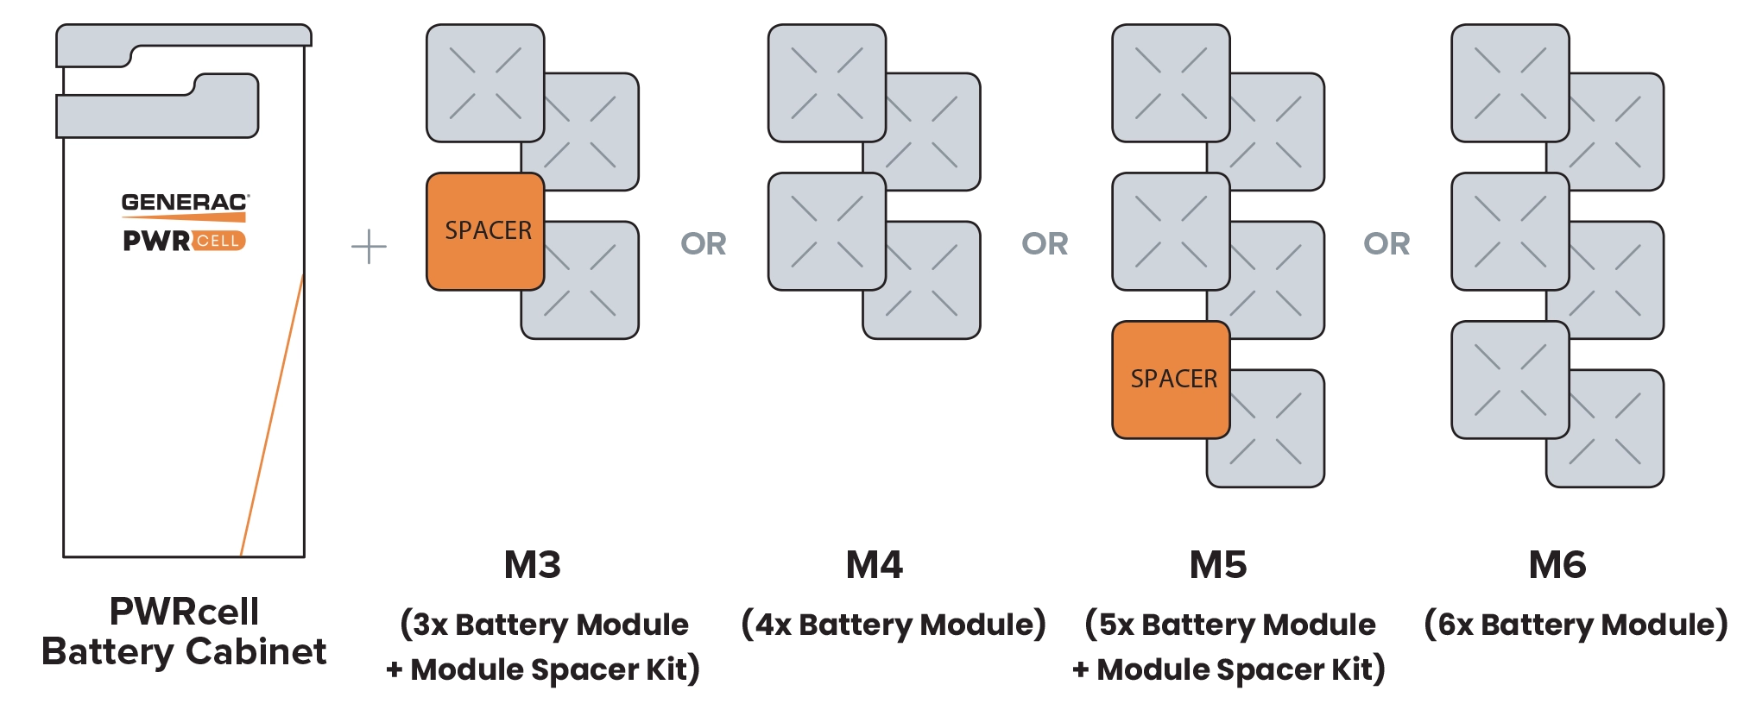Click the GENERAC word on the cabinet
pos(184,203)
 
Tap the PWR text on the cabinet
pos(156,241)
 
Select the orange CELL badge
pos(218,241)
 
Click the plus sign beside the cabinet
pos(366,248)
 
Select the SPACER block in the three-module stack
pos(485,231)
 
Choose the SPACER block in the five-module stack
pos(1171,380)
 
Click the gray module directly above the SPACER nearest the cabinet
pos(485,83)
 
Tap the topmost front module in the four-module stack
pos(826,83)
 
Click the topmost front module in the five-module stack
pos(1171,83)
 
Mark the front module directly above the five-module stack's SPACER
pos(1171,231)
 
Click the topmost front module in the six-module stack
pos(1510,83)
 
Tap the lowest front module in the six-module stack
pos(1510,380)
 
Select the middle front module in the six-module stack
pos(1510,231)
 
